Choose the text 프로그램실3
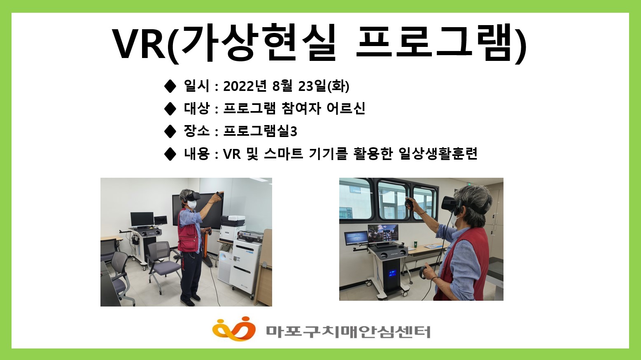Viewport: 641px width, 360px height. (260, 131)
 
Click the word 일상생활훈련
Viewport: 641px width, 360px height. (438, 153)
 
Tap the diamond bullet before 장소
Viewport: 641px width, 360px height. (170, 131)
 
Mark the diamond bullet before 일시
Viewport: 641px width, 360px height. (170, 86)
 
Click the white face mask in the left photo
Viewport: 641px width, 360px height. (192, 204)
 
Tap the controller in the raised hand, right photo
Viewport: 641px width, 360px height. (410, 203)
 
